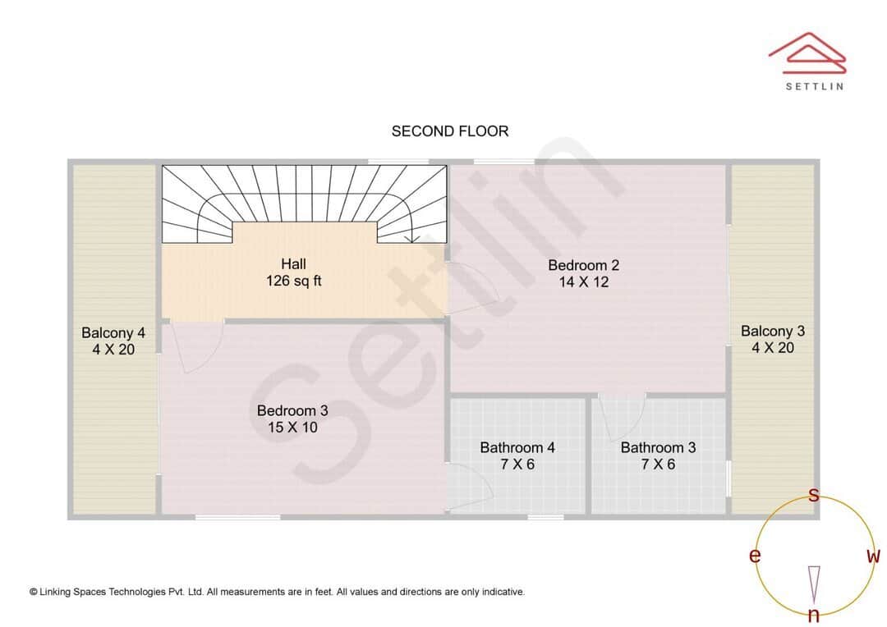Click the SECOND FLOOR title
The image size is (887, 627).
449,131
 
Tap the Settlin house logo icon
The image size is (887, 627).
807,53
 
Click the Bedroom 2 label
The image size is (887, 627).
583,273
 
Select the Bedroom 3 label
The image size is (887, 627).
292,419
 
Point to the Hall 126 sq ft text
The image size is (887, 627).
293,272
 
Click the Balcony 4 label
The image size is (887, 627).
113,341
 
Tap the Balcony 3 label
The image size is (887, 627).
773,339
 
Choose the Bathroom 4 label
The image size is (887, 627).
517,455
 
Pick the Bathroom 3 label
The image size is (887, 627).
658,455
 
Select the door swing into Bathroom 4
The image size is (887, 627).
470,484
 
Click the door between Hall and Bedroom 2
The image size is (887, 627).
470,287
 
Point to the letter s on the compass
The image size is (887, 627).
814,495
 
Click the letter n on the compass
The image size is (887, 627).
814,615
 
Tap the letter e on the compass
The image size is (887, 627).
754,556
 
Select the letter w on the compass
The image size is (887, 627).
873,556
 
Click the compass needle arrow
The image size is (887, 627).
814,583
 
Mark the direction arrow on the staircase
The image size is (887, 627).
413,238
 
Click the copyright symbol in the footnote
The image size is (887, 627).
34,592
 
